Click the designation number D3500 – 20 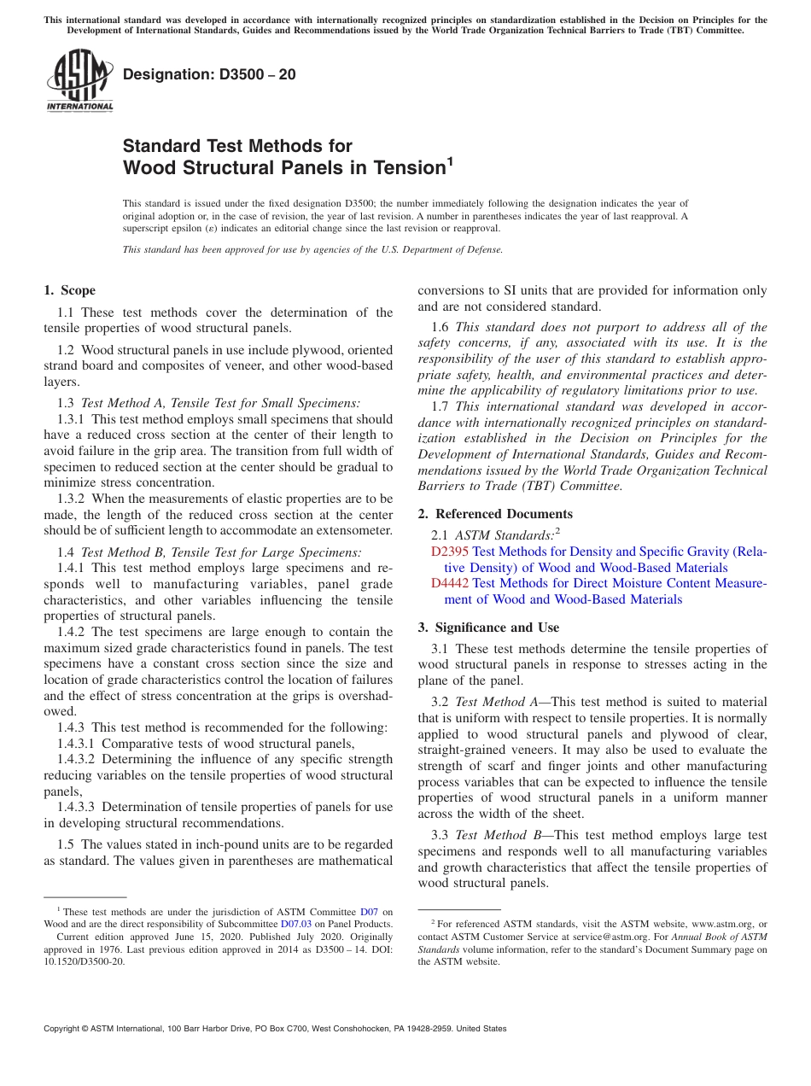[x=209, y=74]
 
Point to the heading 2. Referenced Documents [x=495, y=514]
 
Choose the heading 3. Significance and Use [x=488, y=628]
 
